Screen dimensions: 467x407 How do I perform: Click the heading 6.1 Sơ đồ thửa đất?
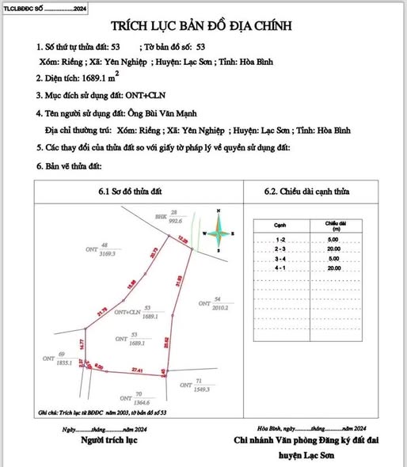pos(132,191)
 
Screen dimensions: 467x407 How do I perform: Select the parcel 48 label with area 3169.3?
pos(105,250)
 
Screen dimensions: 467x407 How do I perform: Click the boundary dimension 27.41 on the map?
pos(137,369)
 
